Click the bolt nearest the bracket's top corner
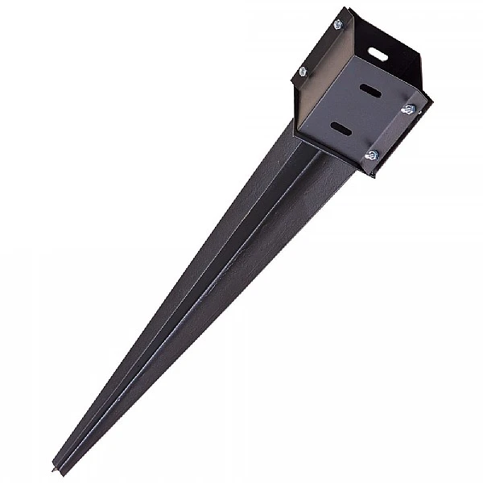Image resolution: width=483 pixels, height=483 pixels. coord(338,25)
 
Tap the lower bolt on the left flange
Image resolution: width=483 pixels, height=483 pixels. coord(303,72)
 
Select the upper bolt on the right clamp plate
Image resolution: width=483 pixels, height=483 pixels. coord(408,109)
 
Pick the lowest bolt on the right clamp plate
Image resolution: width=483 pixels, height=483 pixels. coord(371,155)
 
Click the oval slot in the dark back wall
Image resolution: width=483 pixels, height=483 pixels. coord(378,55)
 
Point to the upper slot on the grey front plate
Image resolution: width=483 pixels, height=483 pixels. coord(371,89)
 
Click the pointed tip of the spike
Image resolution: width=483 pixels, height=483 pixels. coord(56,467)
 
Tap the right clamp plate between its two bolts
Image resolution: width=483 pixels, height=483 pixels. coord(390,131)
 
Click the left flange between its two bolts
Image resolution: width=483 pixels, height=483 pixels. coord(320,48)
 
